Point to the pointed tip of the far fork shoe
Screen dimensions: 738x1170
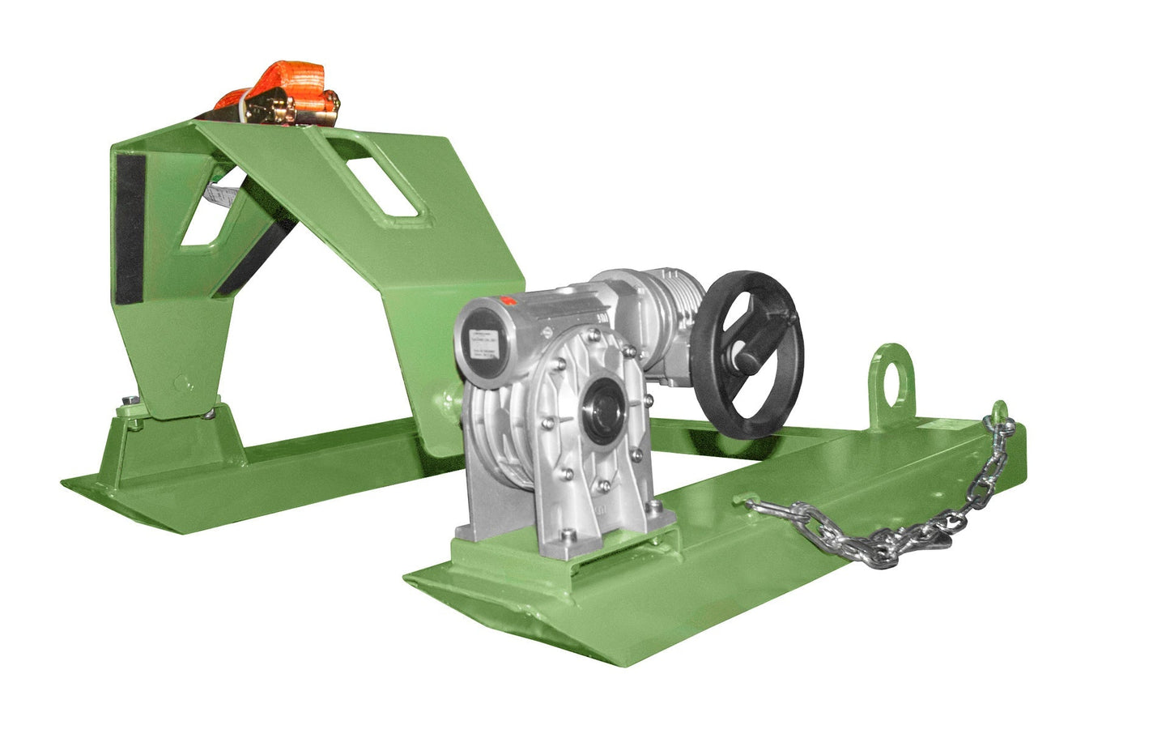point(68,484)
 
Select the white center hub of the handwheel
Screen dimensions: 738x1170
point(741,354)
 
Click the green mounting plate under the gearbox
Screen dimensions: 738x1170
point(551,559)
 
